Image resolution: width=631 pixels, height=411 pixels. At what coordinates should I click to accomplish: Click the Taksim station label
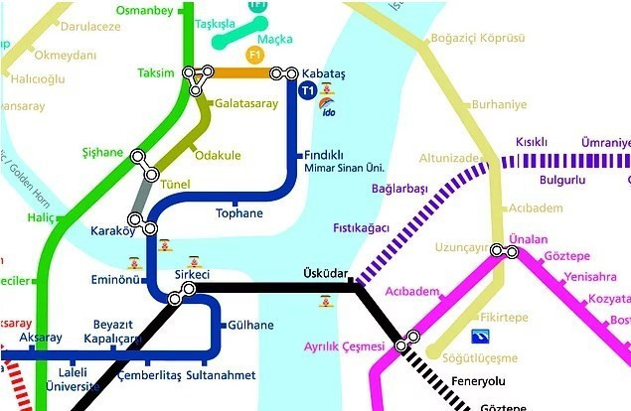pos(157,73)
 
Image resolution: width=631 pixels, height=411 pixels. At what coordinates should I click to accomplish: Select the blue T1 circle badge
pos(307,92)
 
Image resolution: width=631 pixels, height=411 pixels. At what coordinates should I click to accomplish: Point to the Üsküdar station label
pos(324,272)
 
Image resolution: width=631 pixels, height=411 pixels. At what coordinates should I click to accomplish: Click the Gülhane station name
pos(248,325)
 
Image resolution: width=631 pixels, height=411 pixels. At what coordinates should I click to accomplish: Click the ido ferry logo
pos(330,111)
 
